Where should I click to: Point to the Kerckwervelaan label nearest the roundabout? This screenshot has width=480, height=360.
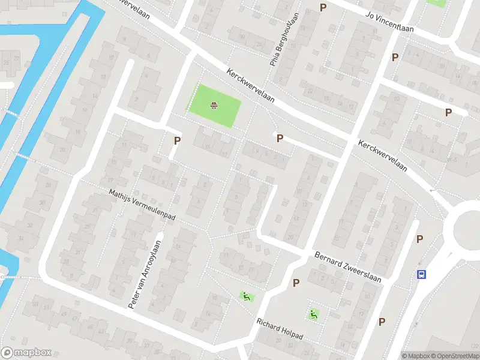click(x=383, y=156)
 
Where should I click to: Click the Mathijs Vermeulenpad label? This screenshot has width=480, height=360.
click(x=142, y=205)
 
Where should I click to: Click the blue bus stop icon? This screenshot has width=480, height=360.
click(x=422, y=274)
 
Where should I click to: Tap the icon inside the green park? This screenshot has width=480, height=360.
click(x=213, y=106)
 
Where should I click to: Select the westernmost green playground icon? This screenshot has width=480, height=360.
click(x=246, y=296)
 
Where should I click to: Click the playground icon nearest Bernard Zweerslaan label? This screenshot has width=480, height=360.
click(x=313, y=314)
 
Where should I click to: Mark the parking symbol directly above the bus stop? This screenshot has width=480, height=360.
click(x=421, y=240)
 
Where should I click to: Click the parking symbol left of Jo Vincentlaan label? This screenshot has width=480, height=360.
click(x=323, y=7)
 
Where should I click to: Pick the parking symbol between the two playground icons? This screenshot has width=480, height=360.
click(x=296, y=283)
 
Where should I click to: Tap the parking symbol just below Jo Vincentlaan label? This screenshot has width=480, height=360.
click(x=395, y=58)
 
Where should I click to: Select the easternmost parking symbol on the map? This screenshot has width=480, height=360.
click(x=448, y=112)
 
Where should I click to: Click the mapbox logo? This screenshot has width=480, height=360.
click(x=26, y=353)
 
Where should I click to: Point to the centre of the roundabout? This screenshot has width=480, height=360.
click(x=471, y=227)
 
